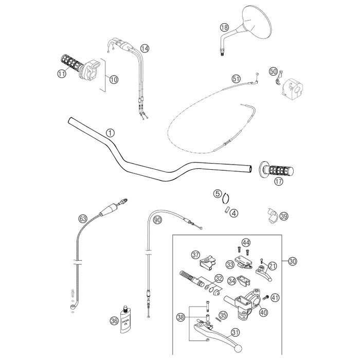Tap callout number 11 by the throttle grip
pyautogui.click(x=62, y=74)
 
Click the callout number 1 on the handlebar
pyautogui.click(x=110, y=132)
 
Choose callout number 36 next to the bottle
pyautogui.click(x=114, y=320)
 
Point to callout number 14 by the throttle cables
pyautogui.click(x=145, y=48)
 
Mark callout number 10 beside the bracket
pyautogui.click(x=113, y=79)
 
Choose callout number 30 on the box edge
pyautogui.click(x=293, y=261)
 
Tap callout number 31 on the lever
pyautogui.click(x=235, y=333)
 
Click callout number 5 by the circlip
pyautogui.click(x=218, y=193)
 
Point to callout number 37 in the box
pyautogui.click(x=195, y=255)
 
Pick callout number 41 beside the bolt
pyautogui.click(x=275, y=297)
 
